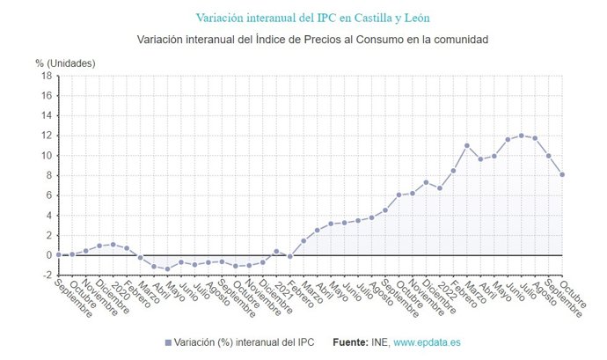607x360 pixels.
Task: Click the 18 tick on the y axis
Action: tap(47, 76)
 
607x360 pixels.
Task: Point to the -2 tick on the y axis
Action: tap(47, 275)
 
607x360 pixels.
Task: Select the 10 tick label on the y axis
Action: tap(47, 156)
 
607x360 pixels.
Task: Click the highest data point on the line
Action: tap(521, 136)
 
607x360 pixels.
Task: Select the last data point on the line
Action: tap(562, 174)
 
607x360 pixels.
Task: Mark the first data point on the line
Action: tap(58, 254)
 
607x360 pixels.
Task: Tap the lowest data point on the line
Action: tap(167, 268)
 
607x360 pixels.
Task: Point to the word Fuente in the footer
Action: tap(352, 342)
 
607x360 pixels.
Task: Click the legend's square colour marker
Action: tap(167, 342)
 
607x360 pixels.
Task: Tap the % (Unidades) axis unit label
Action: tap(65, 62)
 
